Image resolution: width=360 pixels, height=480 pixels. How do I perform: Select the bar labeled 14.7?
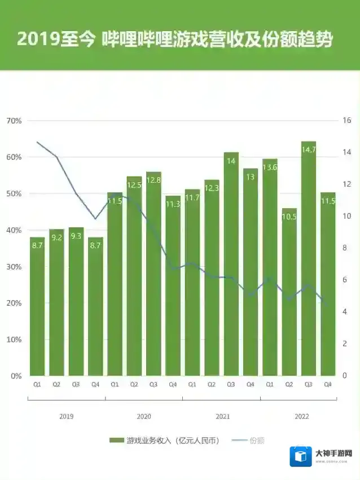tap(309, 259)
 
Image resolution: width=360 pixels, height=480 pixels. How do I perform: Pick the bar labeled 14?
tap(231, 265)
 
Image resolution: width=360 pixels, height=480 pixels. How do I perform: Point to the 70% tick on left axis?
tap(14, 121)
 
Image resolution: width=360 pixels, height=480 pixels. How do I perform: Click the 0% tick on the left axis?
tap(16, 376)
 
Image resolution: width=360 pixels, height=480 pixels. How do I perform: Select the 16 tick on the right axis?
tap(346, 121)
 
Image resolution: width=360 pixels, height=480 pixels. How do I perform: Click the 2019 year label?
tap(66, 416)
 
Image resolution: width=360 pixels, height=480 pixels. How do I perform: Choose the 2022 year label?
tap(302, 416)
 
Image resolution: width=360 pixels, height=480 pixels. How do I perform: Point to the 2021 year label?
tap(223, 416)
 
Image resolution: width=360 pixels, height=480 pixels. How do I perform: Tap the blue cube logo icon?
tap(301, 456)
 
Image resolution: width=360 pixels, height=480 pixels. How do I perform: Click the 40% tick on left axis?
tap(14, 230)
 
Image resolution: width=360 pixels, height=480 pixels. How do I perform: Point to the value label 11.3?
tap(173, 204)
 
